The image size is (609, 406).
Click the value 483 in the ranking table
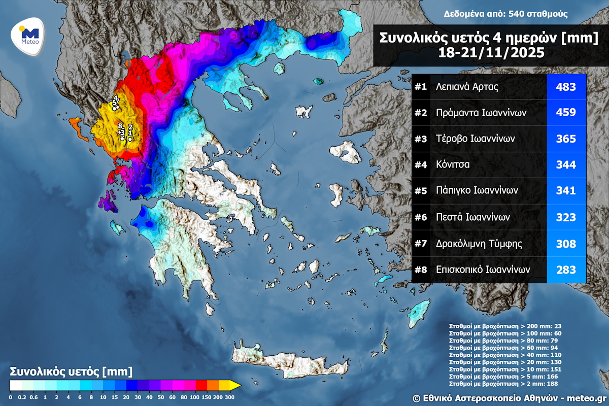pyautogui.click(x=566, y=87)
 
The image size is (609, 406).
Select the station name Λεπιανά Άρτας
pyautogui.click(x=467, y=87)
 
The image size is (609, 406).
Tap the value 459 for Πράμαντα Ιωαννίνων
pyautogui.click(x=566, y=113)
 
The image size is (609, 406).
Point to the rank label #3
pyautogui.click(x=421, y=139)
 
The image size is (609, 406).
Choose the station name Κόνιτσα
pyautogui.click(x=453, y=165)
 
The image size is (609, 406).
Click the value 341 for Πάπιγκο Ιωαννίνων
pyautogui.click(x=566, y=191)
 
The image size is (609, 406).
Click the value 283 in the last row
pyautogui.click(x=566, y=269)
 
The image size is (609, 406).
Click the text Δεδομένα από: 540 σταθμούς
pyautogui.click(x=505, y=14)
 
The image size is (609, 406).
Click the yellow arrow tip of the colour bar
pyautogui.click(x=236, y=386)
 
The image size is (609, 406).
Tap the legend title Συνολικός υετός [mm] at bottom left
pyautogui.click(x=71, y=371)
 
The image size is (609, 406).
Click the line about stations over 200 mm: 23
pyautogui.click(x=504, y=326)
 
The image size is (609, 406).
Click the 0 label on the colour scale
pyautogui.click(x=10, y=396)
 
